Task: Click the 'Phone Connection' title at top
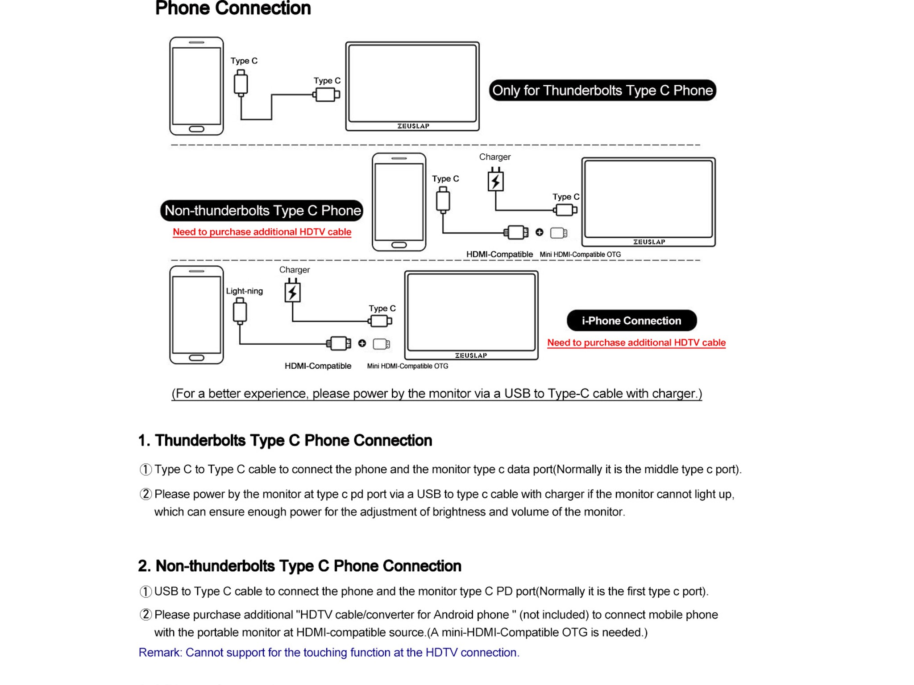click(x=233, y=8)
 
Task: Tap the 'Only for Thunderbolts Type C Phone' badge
click(x=602, y=91)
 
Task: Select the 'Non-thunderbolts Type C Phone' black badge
click(x=262, y=210)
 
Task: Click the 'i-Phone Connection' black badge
click(x=631, y=321)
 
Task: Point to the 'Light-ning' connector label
click(x=245, y=291)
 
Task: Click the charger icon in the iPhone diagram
click(x=293, y=291)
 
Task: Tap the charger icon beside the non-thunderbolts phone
click(x=496, y=179)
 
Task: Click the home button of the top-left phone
click(x=196, y=129)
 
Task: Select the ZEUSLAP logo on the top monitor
click(x=413, y=126)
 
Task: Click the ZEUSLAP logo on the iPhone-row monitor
click(x=471, y=355)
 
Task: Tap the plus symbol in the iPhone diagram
click(x=362, y=343)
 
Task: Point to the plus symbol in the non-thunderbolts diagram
click(x=540, y=232)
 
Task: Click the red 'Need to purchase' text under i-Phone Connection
click(x=636, y=342)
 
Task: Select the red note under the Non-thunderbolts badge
click(x=262, y=232)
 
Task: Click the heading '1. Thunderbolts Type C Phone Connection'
click(x=285, y=441)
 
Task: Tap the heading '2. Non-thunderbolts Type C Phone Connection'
click(x=299, y=566)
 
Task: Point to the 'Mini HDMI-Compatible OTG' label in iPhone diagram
click(x=407, y=366)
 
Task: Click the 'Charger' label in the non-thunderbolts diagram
click(x=495, y=157)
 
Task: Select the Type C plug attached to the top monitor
click(x=326, y=95)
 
